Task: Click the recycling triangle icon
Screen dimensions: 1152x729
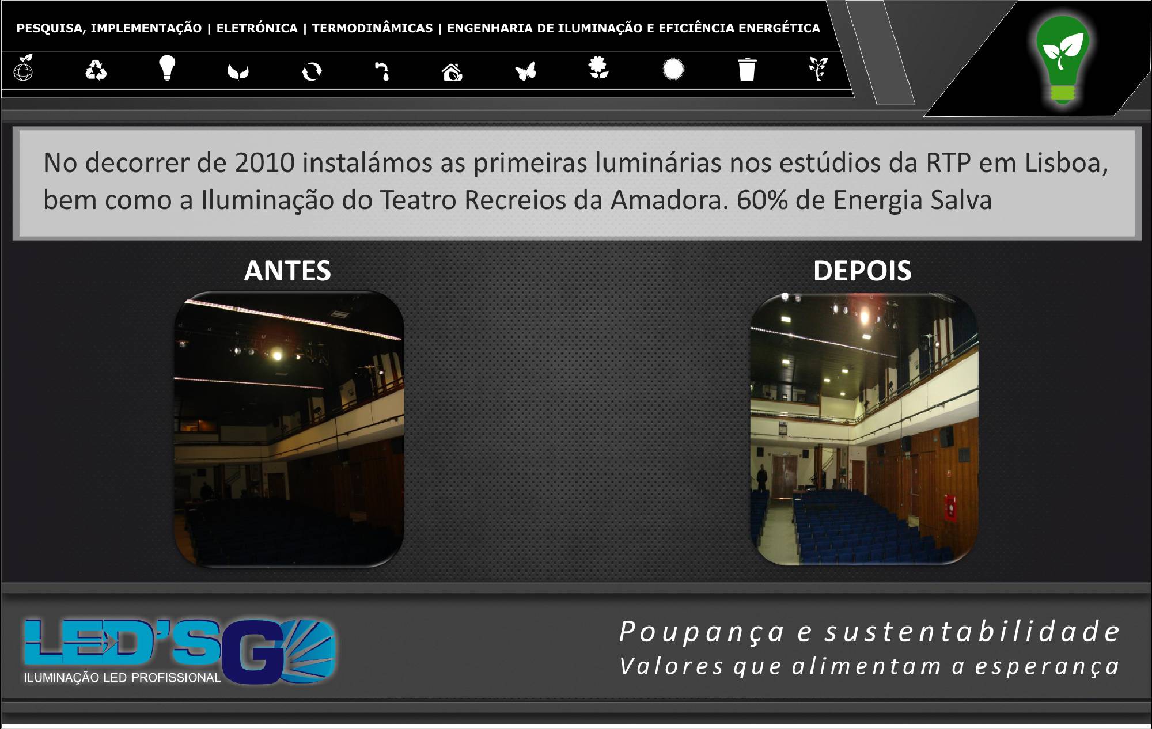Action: tap(96, 71)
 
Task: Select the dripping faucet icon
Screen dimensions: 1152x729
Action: tap(382, 71)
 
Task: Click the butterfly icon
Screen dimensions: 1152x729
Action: tap(526, 71)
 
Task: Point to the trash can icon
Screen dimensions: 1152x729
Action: tap(747, 69)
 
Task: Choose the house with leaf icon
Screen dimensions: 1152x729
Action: tap(452, 71)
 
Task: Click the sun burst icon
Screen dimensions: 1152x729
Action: tap(673, 70)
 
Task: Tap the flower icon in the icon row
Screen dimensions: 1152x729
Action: tap(599, 68)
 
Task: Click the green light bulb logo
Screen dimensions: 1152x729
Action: tap(1063, 60)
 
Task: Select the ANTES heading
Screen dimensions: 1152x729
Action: tap(287, 271)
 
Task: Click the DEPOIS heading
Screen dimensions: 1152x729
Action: tap(862, 271)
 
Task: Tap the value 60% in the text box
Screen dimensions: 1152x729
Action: tap(762, 200)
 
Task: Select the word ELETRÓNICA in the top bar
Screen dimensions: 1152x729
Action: tap(257, 28)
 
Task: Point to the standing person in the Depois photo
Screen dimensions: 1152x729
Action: tap(761, 477)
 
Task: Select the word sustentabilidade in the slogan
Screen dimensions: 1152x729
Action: tap(972, 632)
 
